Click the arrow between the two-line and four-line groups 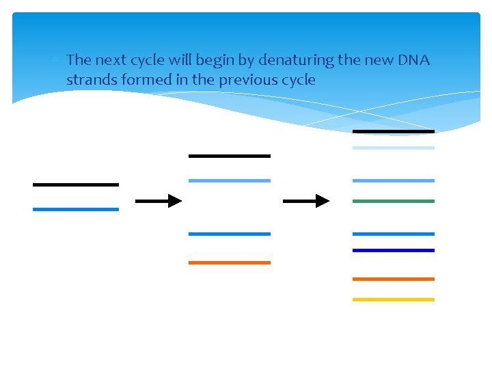pyautogui.click(x=159, y=201)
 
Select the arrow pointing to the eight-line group pyautogui.click(x=305, y=201)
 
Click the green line pyautogui.click(x=393, y=202)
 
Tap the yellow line pyautogui.click(x=393, y=299)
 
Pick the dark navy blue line pyautogui.click(x=393, y=251)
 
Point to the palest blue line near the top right pyautogui.click(x=393, y=148)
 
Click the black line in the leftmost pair pyautogui.click(x=75, y=184)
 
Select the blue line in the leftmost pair pyautogui.click(x=75, y=209)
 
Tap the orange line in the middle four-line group pyautogui.click(x=229, y=262)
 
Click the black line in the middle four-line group pyautogui.click(x=229, y=156)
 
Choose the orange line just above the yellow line pyautogui.click(x=393, y=279)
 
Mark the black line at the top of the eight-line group pyautogui.click(x=393, y=131)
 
